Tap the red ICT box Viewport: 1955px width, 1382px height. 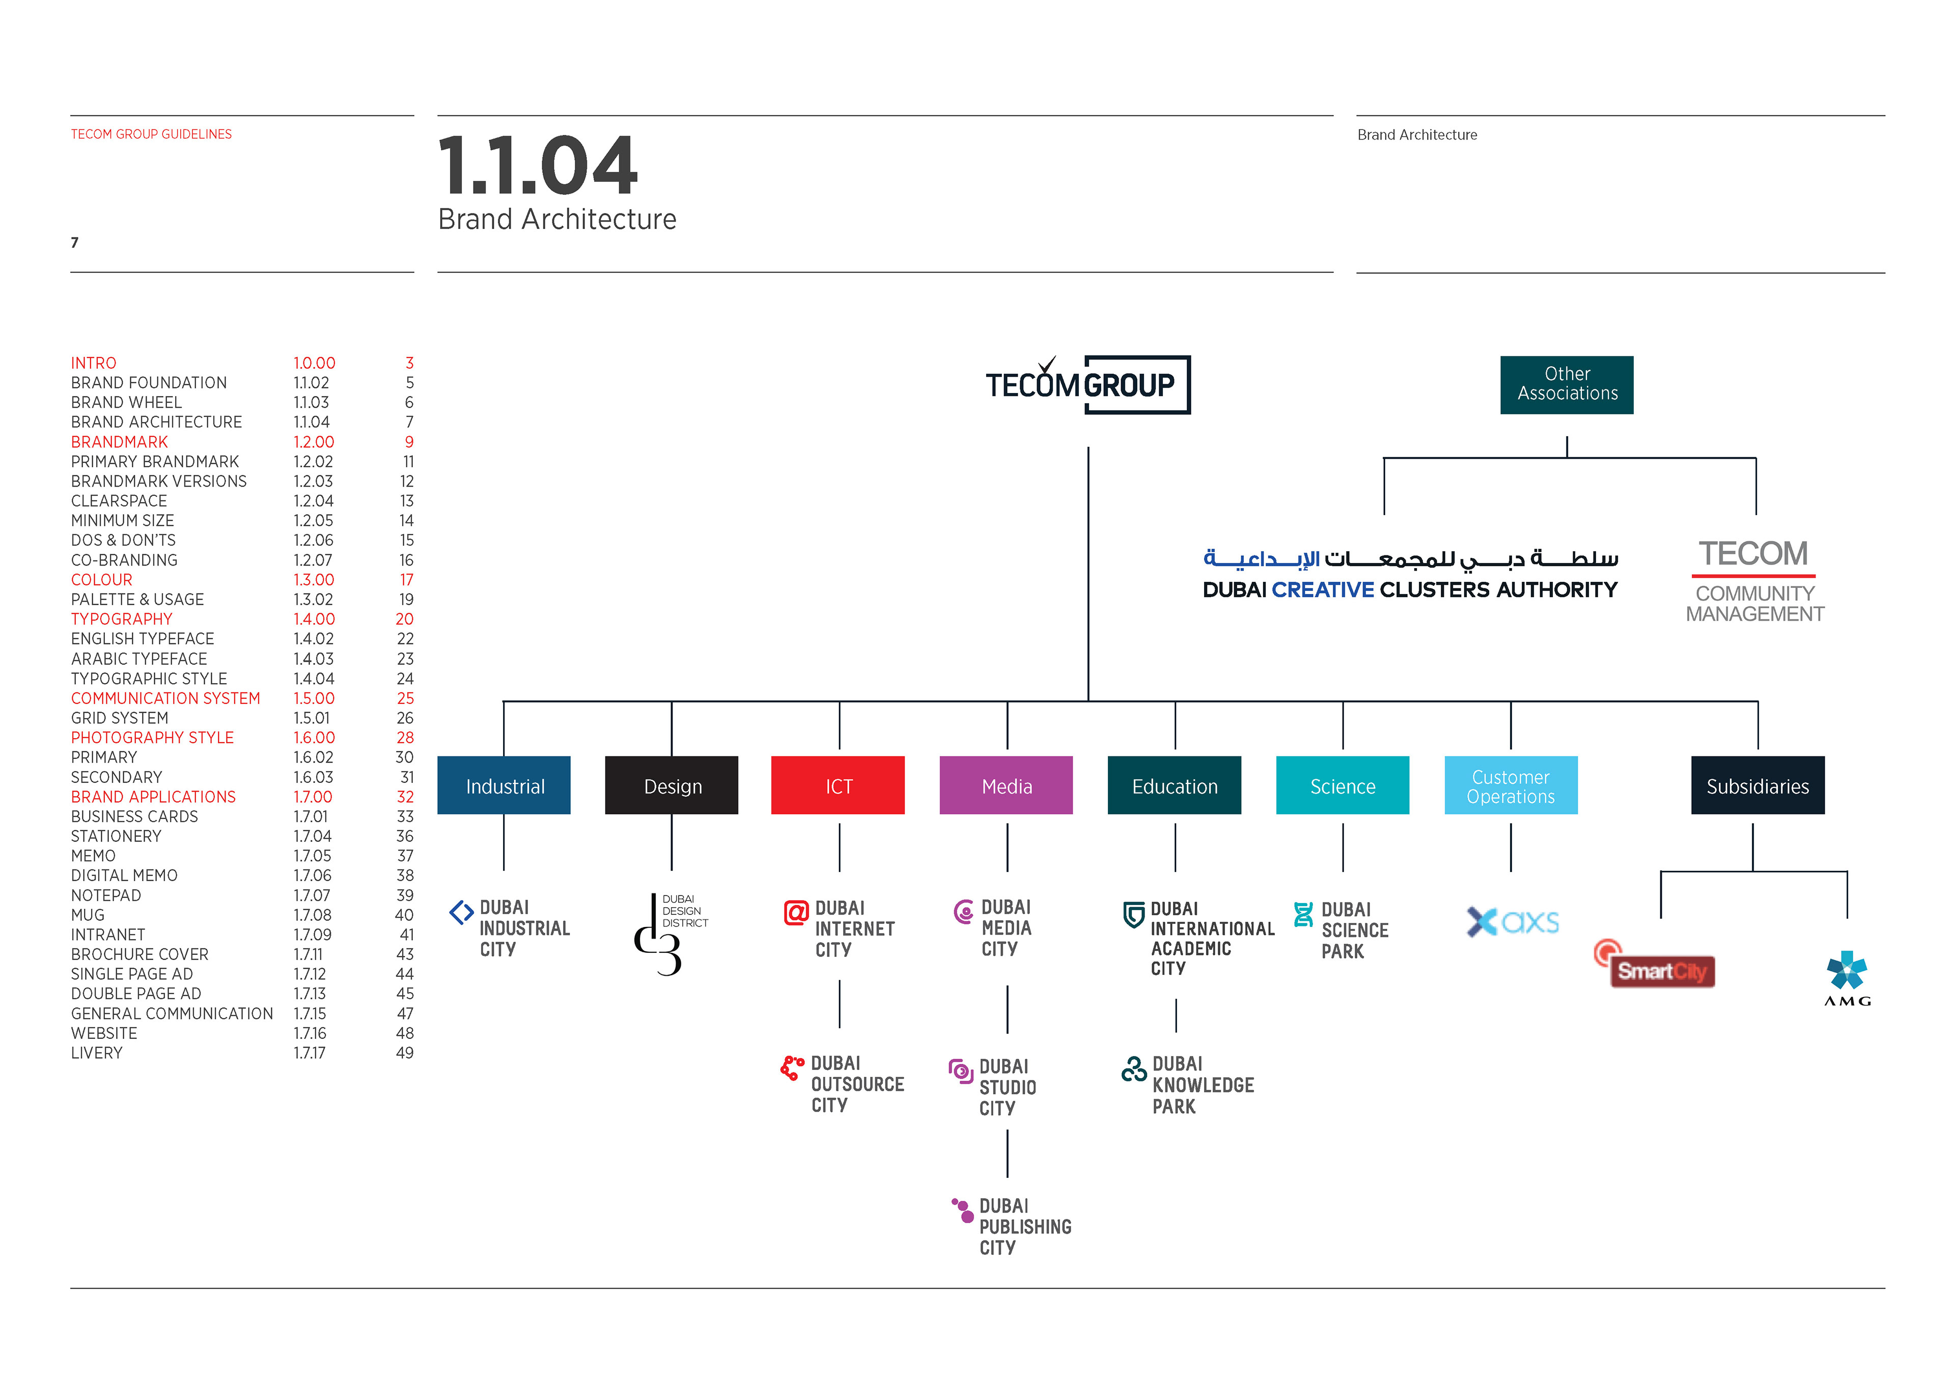click(838, 785)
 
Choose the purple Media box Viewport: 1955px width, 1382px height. click(1006, 785)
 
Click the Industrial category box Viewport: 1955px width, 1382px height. click(504, 785)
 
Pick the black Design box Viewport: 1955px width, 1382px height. click(672, 785)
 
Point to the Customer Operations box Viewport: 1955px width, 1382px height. click(1511, 785)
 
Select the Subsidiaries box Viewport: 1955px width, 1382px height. click(1757, 785)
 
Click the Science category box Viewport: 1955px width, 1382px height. click(1342, 785)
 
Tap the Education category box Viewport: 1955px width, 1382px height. click(1174, 785)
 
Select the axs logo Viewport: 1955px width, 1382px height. click(1512, 921)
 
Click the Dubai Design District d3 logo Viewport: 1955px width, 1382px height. click(668, 935)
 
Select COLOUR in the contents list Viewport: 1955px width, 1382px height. click(101, 580)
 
